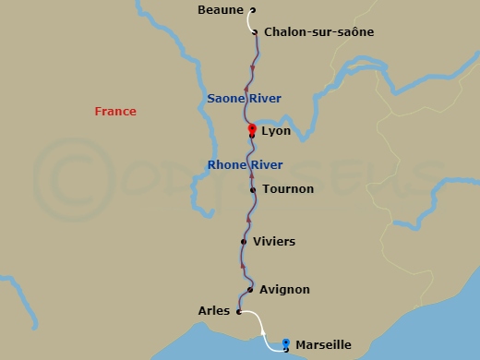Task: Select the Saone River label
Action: (x=244, y=99)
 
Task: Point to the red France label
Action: (x=115, y=112)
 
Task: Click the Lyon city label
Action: (x=276, y=132)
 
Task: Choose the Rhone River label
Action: (x=245, y=165)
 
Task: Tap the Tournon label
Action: (x=288, y=189)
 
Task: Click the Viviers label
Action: (x=274, y=242)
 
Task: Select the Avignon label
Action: (x=284, y=290)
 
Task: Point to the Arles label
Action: (x=213, y=311)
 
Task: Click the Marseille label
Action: (x=322, y=345)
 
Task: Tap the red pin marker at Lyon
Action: (x=252, y=129)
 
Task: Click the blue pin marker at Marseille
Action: (x=286, y=342)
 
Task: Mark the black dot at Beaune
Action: (x=251, y=11)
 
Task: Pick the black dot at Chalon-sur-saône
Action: (x=256, y=32)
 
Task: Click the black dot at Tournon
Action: (x=252, y=190)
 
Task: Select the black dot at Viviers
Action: (x=244, y=242)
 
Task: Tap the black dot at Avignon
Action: (x=250, y=290)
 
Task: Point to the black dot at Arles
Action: (x=238, y=312)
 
